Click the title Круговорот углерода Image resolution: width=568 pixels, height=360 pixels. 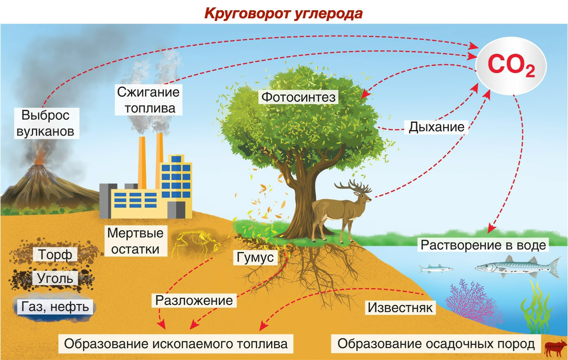(x=283, y=13)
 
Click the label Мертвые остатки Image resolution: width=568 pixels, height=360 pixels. (x=135, y=241)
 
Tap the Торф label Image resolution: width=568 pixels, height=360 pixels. (x=55, y=255)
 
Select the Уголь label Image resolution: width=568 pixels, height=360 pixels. (x=55, y=278)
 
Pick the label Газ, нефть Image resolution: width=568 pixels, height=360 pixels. (x=55, y=307)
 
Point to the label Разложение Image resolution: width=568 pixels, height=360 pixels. (x=194, y=300)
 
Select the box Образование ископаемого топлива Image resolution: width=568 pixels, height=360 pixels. (x=176, y=343)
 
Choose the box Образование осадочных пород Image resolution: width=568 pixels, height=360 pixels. (x=436, y=343)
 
